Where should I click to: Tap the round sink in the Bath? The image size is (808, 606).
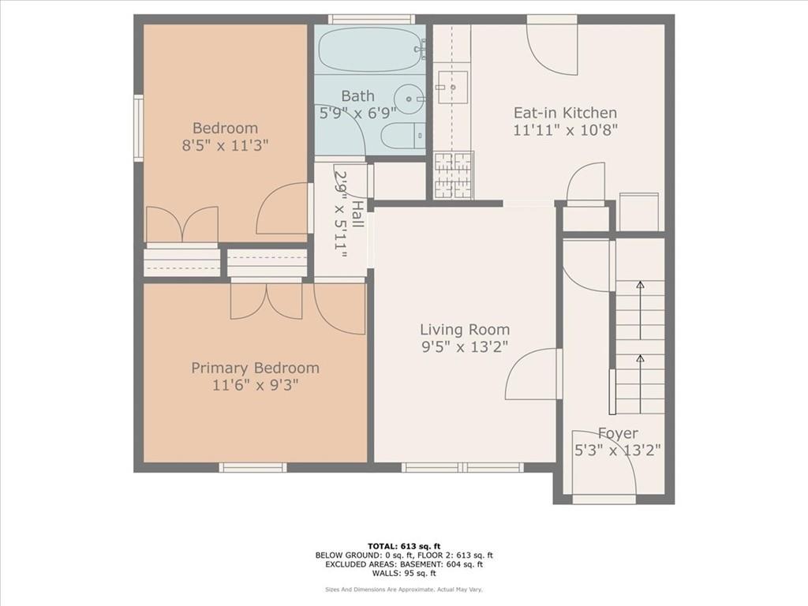pos(410,98)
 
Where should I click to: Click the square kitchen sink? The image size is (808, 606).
pos(452,88)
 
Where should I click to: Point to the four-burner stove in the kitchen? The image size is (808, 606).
pos(454,175)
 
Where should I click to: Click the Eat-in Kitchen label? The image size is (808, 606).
pos(565,113)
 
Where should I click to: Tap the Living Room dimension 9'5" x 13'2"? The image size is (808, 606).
pos(465,347)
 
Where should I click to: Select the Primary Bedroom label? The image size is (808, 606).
pos(255,368)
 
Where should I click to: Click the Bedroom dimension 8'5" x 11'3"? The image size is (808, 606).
pos(225,146)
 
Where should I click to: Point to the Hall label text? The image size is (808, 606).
pos(357,215)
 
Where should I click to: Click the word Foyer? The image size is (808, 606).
pos(618,433)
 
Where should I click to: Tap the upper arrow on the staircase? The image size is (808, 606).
pos(640,310)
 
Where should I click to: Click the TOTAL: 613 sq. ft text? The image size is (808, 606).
pos(404,546)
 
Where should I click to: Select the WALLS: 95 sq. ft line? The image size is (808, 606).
pos(404,573)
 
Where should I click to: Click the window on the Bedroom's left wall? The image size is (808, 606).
pos(139,129)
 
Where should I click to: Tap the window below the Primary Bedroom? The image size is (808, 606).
pos(252,467)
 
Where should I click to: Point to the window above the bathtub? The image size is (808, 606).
pos(372,19)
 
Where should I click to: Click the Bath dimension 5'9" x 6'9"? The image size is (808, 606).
pos(357,114)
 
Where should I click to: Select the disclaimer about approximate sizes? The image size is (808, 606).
pos(404,589)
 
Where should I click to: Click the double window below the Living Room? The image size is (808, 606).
pos(462,467)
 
